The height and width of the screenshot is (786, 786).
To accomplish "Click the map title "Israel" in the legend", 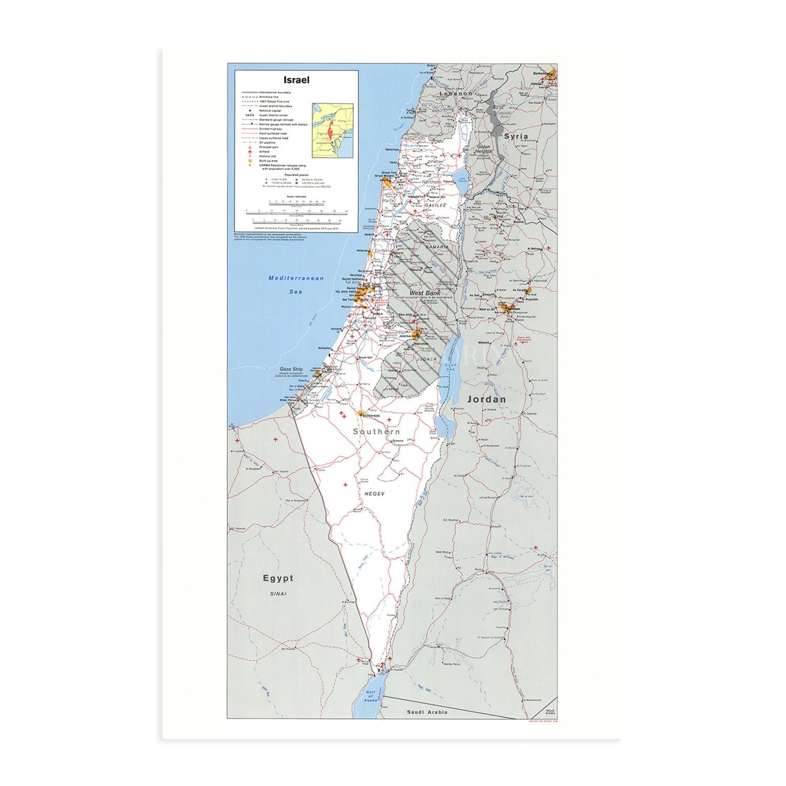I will click(296, 80).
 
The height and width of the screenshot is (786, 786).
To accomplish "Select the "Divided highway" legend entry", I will click(272, 129).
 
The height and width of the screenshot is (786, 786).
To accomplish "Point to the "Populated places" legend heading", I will click(296, 175).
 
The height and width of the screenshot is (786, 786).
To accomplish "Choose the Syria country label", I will click(516, 136).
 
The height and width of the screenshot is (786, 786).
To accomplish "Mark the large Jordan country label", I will click(486, 399).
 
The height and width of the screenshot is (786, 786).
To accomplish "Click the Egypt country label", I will click(278, 578).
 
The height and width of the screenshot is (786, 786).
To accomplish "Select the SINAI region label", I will click(278, 594).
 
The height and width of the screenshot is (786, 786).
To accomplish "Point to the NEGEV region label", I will click(373, 494).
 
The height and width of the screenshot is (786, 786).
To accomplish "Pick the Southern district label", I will click(376, 432).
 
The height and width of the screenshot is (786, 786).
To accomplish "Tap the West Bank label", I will click(425, 293).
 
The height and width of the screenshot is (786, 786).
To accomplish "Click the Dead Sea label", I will click(451, 368).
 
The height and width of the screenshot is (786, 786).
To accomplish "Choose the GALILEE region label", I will click(434, 205).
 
